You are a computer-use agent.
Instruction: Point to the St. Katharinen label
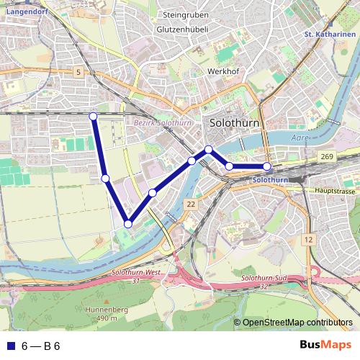[330, 34]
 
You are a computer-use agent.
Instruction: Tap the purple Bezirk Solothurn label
[163, 124]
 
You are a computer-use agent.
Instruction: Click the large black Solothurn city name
[234, 123]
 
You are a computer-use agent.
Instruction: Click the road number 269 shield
[328, 156]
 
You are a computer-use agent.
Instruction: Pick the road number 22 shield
[190, 205]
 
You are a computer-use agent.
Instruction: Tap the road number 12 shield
[308, 239]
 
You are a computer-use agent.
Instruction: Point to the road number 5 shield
[78, 73]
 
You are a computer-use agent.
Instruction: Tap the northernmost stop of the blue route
[93, 116]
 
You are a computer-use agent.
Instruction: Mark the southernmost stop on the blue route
[128, 224]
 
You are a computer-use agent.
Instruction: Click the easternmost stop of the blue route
[267, 167]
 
